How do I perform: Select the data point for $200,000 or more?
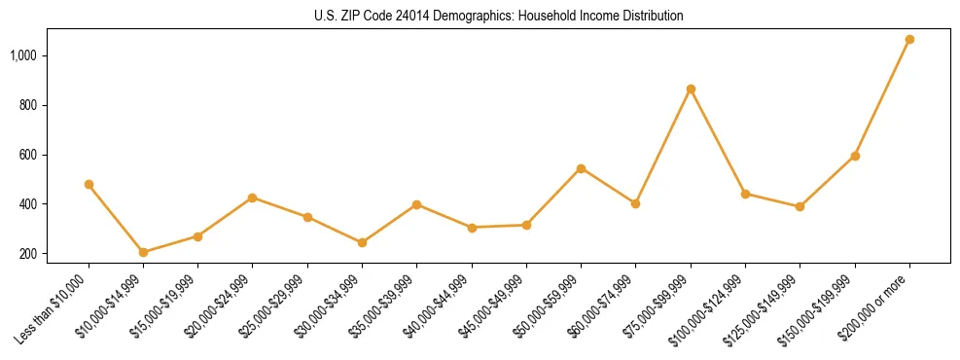coord(909,40)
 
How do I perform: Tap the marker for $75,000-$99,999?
coord(691,90)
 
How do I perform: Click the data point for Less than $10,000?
coord(89,184)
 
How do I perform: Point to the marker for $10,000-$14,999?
coord(143,253)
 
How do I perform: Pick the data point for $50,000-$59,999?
coord(581,168)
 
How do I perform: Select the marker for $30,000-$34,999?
coord(362,242)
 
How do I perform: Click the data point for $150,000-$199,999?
coord(855,156)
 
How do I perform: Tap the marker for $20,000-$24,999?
coord(253,198)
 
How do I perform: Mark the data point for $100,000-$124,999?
coord(745,194)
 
